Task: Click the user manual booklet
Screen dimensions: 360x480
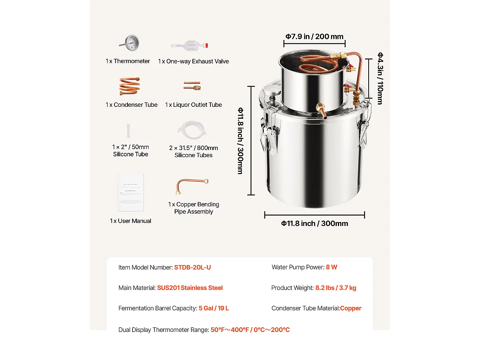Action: (131, 192)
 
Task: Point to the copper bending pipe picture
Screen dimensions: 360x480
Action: (192, 186)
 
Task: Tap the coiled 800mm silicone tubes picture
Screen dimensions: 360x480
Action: (192, 131)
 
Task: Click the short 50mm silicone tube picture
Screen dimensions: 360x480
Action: (130, 131)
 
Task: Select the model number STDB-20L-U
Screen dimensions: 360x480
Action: (192, 267)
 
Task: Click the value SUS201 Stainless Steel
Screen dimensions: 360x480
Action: (190, 288)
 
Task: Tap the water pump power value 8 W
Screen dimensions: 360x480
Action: (331, 267)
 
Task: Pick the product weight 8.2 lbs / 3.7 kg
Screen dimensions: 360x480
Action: (336, 288)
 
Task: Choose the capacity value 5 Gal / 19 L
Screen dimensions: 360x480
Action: (214, 308)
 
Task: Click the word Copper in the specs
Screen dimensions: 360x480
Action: (351, 308)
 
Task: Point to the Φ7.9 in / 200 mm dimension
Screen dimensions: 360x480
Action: (314, 37)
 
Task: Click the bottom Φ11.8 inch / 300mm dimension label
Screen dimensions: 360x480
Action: (314, 224)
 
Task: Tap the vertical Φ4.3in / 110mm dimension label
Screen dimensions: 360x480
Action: (380, 78)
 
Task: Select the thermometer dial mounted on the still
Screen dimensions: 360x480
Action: (266, 93)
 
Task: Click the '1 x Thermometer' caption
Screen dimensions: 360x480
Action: (128, 61)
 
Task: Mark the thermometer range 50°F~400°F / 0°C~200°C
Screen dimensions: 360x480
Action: (250, 330)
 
